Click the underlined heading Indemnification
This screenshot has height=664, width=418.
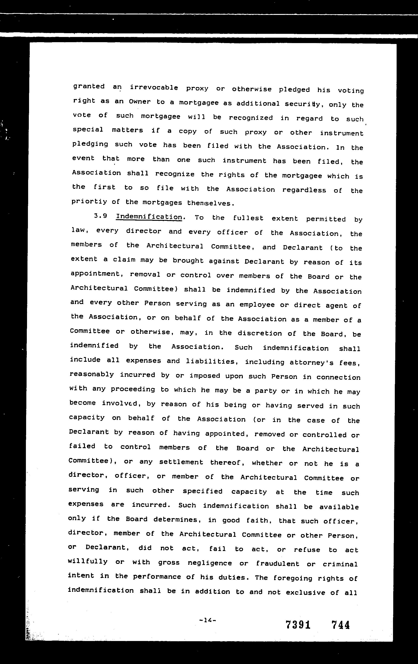click(149, 217)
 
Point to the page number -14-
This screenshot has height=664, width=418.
click(207, 620)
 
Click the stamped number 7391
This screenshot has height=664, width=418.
click(298, 625)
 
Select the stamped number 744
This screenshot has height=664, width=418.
click(340, 625)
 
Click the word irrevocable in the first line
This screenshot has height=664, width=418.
click(154, 88)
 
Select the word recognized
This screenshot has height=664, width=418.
click(251, 118)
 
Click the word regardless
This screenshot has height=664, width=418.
click(304, 190)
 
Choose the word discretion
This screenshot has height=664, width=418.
click(260, 333)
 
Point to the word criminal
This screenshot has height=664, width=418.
click(340, 564)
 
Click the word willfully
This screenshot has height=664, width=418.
click(88, 561)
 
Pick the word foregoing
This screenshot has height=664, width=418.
click(293, 578)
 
